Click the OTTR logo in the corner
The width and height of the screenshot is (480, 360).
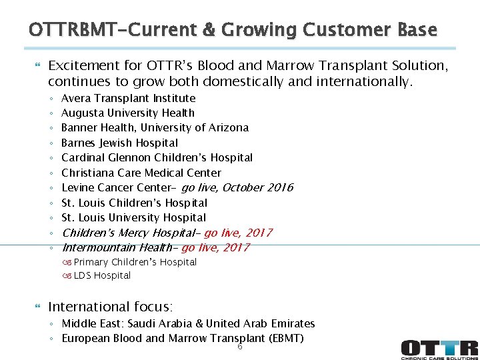click(x=439, y=349)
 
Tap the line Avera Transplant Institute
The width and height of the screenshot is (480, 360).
click(x=128, y=98)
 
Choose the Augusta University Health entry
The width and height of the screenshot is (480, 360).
click(x=127, y=113)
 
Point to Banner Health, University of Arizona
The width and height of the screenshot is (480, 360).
click(x=155, y=127)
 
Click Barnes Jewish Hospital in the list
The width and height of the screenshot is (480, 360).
click(x=119, y=143)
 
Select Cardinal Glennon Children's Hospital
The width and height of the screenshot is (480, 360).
click(x=157, y=157)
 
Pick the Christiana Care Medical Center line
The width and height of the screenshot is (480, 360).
click(x=141, y=173)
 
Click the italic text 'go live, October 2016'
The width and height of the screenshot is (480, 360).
click(x=237, y=187)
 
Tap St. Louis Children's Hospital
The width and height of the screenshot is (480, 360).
click(x=134, y=203)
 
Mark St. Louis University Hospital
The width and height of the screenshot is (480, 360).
click(x=133, y=217)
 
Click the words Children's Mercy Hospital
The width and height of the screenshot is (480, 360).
click(x=129, y=233)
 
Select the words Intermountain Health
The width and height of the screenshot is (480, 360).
click(x=117, y=247)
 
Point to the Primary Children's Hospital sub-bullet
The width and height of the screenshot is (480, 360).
click(x=135, y=262)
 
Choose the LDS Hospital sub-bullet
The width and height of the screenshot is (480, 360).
click(x=102, y=275)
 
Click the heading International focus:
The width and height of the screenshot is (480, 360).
click(x=110, y=307)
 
